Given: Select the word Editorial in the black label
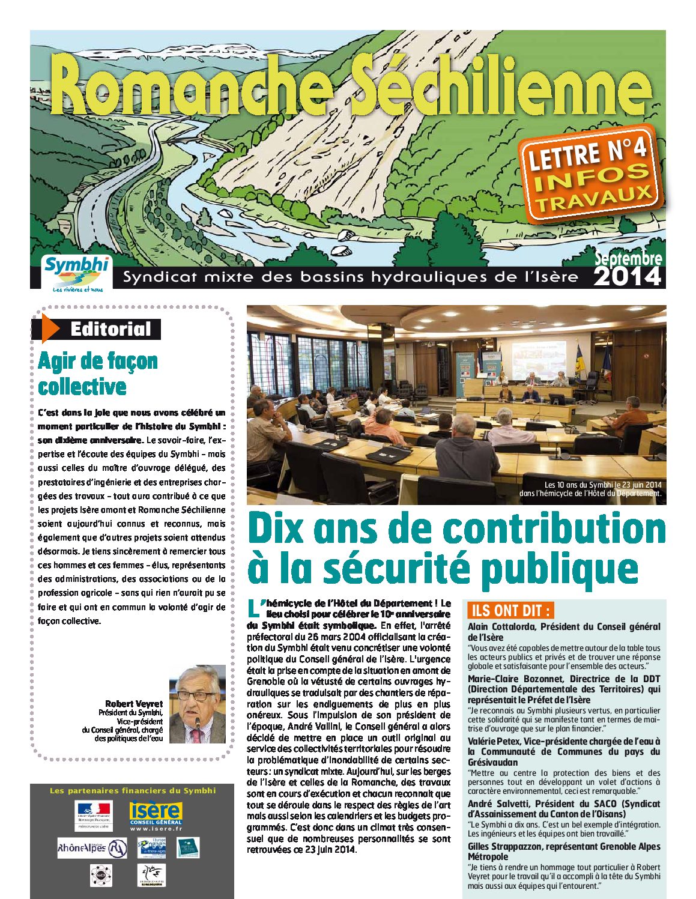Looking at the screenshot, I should click(110, 329).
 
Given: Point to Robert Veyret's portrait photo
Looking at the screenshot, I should click(197, 704).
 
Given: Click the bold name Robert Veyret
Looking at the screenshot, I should click(133, 703).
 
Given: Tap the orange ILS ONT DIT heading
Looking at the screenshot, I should click(510, 611).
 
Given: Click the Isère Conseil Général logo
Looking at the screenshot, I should click(156, 814).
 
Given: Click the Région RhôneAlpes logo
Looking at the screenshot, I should click(92, 848).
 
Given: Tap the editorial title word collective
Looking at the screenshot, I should click(82, 386).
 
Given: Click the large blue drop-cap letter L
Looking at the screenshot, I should click(253, 607).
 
